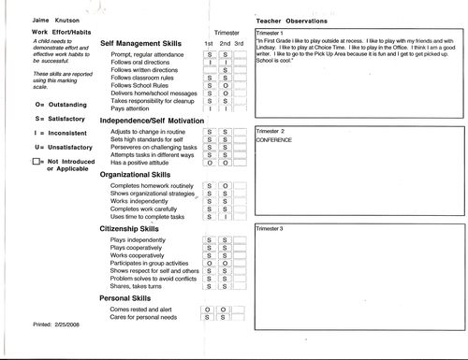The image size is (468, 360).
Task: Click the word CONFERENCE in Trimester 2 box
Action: coord(277,138)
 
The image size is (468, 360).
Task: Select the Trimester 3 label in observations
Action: coord(277,228)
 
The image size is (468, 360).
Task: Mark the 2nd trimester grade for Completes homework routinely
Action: coord(225,187)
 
